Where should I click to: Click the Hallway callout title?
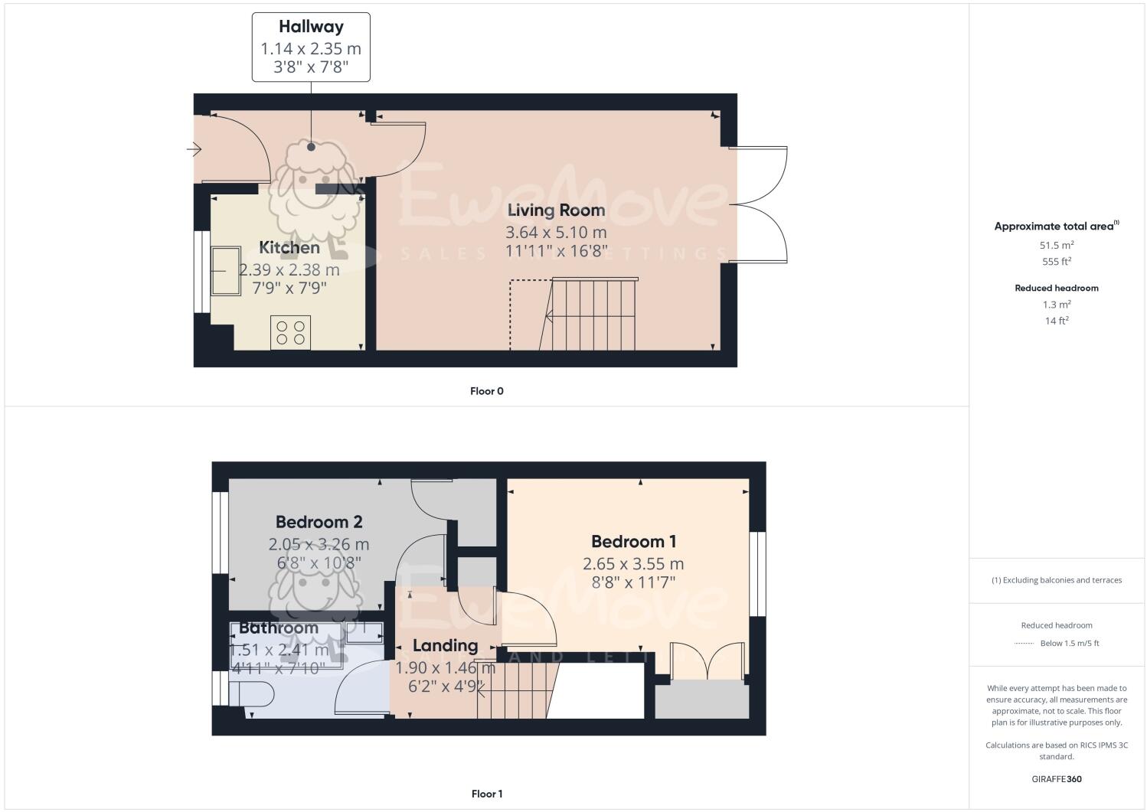tap(310, 27)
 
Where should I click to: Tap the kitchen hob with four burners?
tap(290, 333)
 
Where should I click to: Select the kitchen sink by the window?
tap(226, 271)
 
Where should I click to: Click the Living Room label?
tap(556, 210)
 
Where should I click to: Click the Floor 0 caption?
tap(486, 391)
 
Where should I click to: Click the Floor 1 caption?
tap(486, 794)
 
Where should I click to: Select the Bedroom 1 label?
tap(633, 542)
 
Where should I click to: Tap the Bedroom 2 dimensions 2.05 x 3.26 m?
tap(319, 545)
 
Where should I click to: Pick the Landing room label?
tap(445, 646)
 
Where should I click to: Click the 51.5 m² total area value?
tap(1056, 246)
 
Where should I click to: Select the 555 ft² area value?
tap(1056, 262)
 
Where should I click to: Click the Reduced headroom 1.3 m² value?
tap(1056, 305)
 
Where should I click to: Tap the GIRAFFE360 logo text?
tap(1056, 779)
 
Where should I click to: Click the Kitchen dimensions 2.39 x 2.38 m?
tap(289, 270)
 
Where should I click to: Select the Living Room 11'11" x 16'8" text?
tap(556, 250)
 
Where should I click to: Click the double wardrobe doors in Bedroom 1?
tap(707, 662)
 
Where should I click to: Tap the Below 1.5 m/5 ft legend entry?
tap(1069, 644)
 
